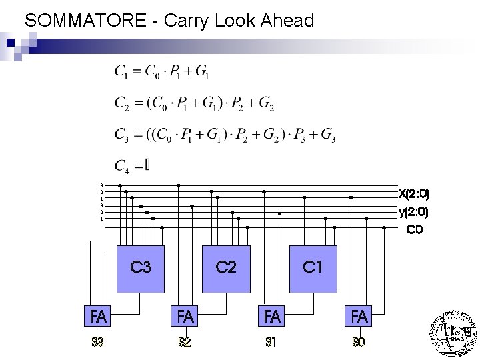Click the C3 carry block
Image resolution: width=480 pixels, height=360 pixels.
tap(140, 269)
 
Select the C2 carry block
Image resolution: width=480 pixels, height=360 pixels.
tap(226, 269)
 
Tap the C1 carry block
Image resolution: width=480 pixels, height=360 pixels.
tap(313, 269)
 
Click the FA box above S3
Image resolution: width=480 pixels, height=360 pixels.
tap(98, 317)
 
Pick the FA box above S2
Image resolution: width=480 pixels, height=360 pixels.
tap(185, 317)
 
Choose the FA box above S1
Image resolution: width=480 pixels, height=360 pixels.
tap(272, 317)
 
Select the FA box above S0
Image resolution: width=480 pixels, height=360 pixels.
tap(359, 317)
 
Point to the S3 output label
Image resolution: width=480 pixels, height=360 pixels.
tap(98, 343)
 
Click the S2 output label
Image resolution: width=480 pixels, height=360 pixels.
tap(185, 343)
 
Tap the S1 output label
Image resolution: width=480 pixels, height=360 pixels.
tap(271, 343)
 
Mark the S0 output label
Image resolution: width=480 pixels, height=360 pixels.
tap(359, 343)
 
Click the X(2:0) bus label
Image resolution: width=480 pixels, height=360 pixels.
tap(413, 195)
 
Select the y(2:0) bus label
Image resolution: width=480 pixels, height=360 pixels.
tap(413, 213)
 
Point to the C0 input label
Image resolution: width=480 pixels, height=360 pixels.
tap(415, 230)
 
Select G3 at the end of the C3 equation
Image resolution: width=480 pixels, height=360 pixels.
tap(328, 135)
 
